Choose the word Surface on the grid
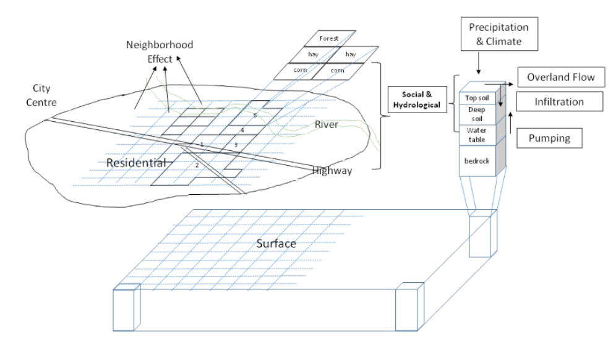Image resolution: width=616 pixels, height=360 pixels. (x=276, y=244)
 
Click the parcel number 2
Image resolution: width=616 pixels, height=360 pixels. (x=196, y=166)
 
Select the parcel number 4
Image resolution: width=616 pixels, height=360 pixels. (x=242, y=131)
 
